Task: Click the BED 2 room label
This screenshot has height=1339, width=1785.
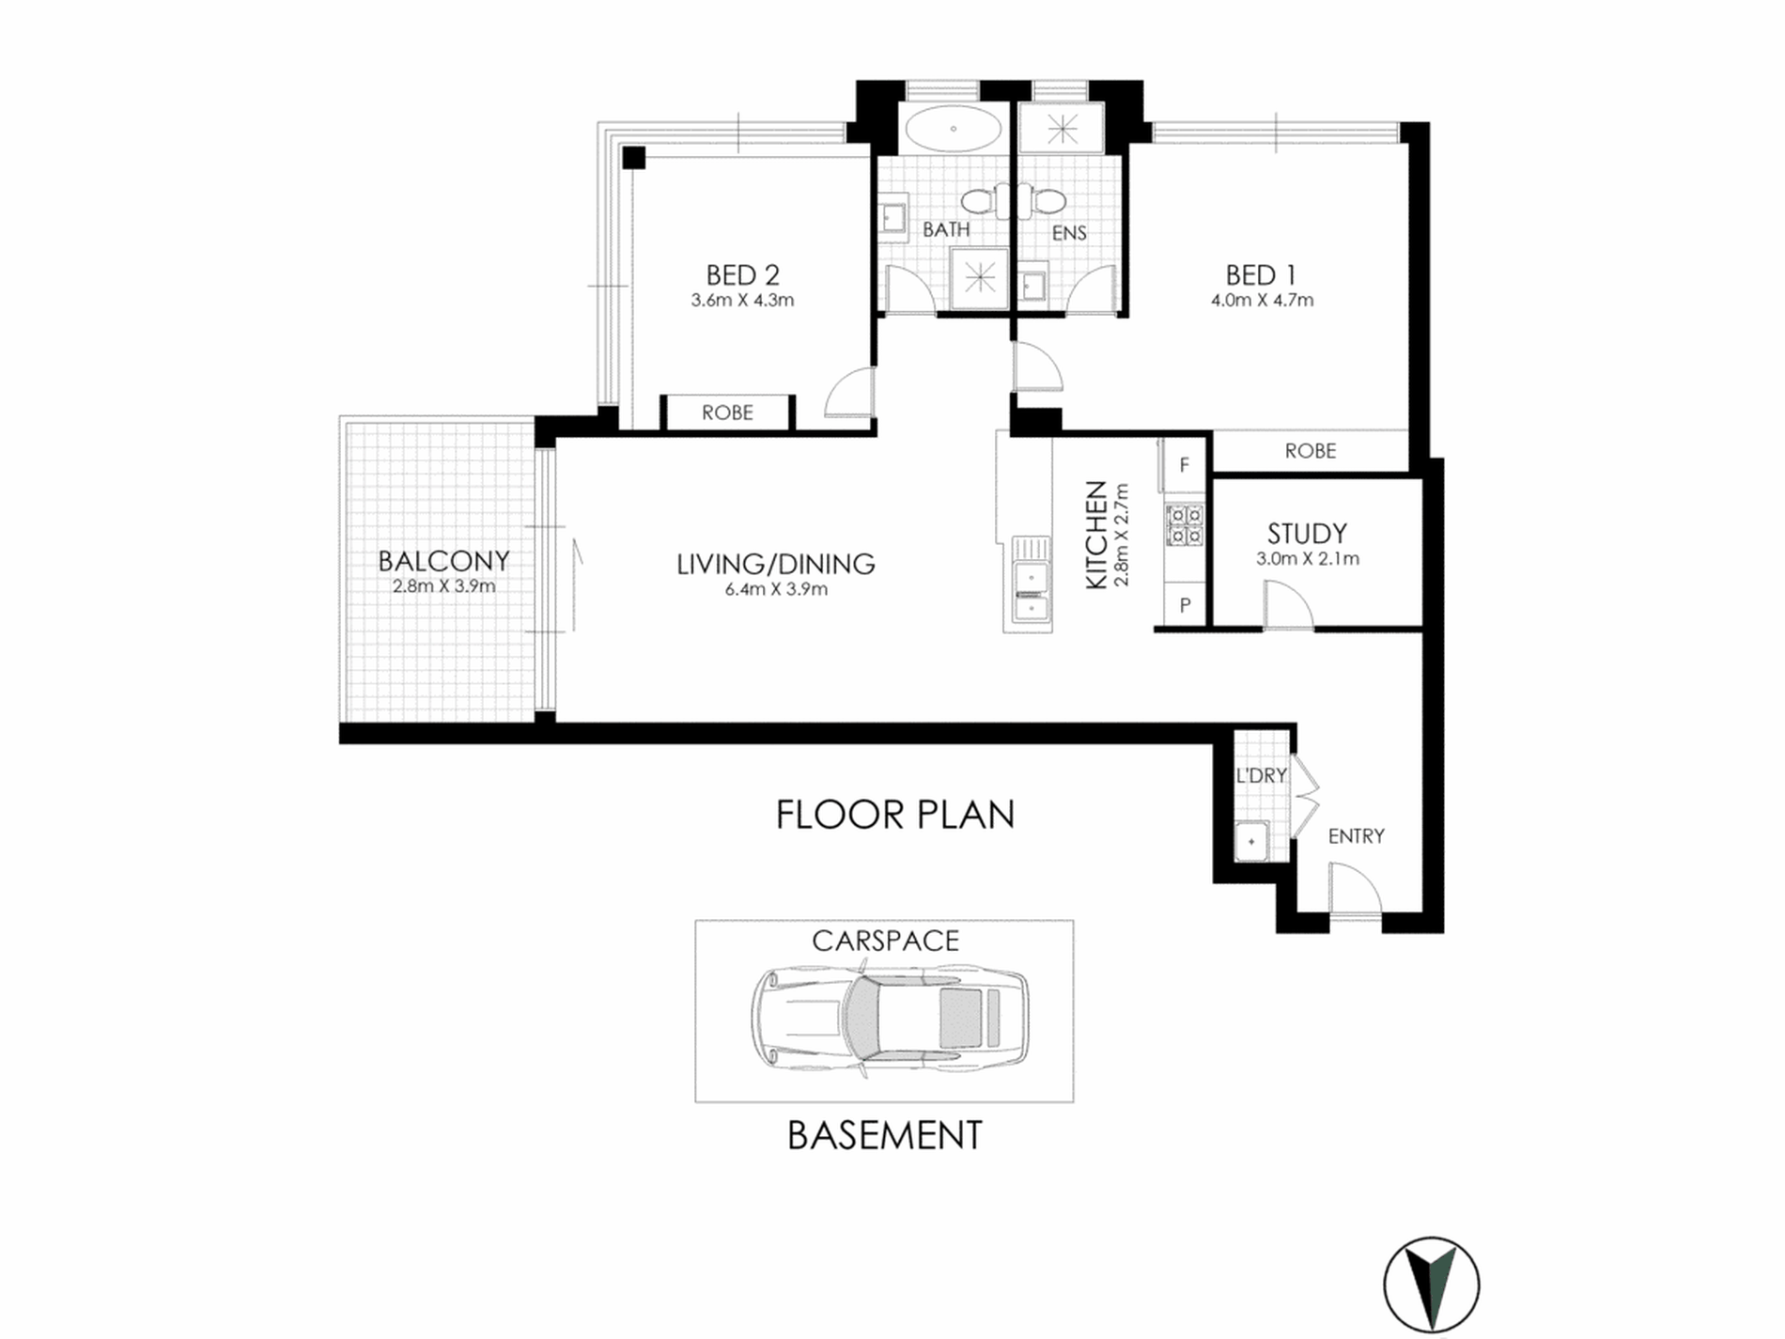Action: click(x=742, y=275)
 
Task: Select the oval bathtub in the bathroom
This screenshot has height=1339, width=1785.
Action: click(x=954, y=128)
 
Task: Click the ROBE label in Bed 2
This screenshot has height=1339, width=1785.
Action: click(x=727, y=413)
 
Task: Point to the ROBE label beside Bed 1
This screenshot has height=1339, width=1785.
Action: click(x=1311, y=451)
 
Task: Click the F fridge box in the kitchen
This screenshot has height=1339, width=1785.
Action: click(x=1184, y=464)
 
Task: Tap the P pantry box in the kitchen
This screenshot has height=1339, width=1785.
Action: click(x=1185, y=606)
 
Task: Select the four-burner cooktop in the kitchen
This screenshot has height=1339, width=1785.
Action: click(x=1185, y=525)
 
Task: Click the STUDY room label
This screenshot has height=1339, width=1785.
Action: click(x=1307, y=534)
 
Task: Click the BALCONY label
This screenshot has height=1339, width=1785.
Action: click(x=443, y=561)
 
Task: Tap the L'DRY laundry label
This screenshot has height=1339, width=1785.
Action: click(x=1262, y=775)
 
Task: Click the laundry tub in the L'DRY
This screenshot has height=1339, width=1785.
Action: click(x=1251, y=840)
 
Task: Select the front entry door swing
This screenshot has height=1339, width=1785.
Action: click(x=1355, y=889)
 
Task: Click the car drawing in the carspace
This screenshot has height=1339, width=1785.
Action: click(x=889, y=1018)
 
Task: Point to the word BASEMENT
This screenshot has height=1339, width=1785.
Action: click(x=884, y=1135)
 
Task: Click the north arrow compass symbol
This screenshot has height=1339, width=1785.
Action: click(x=1431, y=1285)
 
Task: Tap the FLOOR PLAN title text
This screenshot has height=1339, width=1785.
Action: click(x=895, y=815)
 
